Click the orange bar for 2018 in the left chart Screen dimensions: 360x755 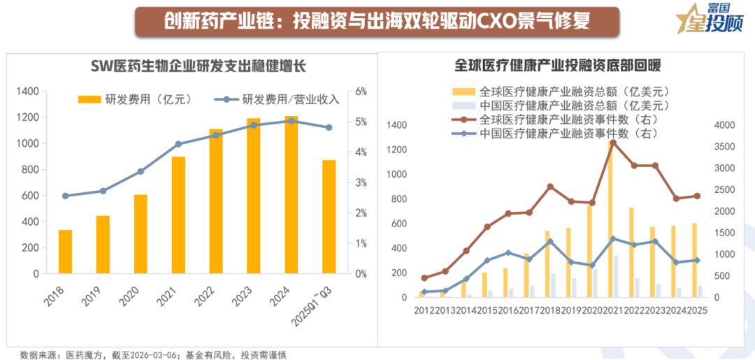click(65, 252)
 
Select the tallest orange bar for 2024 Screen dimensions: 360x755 click(292, 196)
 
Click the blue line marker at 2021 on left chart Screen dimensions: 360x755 click(178, 144)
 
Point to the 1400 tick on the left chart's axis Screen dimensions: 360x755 click(27, 92)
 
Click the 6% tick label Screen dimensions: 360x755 click(361, 92)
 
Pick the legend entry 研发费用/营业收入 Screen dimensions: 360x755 click(280, 99)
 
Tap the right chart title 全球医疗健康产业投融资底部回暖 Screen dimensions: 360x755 click(558, 66)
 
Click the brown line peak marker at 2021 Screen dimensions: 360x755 click(613, 143)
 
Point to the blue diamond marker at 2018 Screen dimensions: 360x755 click(550, 242)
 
